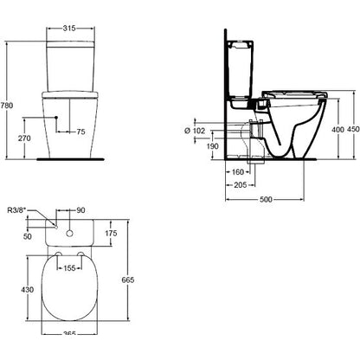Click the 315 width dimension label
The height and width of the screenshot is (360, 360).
click(69, 28)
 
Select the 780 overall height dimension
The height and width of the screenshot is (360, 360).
click(7, 106)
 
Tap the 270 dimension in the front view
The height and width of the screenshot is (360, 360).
click(24, 138)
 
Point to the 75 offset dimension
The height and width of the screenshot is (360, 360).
click(81, 132)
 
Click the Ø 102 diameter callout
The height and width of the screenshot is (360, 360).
click(195, 131)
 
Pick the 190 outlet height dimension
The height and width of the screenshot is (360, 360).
click(213, 146)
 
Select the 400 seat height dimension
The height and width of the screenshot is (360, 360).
click(337, 130)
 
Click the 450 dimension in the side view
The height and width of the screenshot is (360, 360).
click(354, 129)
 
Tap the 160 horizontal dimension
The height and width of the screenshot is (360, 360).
click(238, 172)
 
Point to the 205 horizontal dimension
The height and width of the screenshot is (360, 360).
click(241, 185)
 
